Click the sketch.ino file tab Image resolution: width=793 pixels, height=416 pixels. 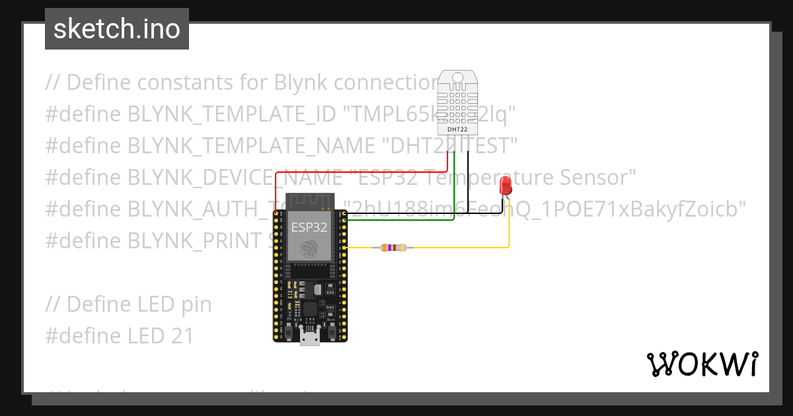point(117,29)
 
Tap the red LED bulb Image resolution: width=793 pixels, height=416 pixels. point(506,185)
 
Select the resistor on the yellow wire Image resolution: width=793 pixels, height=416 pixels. point(393,248)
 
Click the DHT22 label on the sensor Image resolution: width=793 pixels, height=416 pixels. point(458,129)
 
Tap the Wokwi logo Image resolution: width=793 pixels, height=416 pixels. point(701,364)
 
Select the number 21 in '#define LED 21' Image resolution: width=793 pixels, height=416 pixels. point(180,336)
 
